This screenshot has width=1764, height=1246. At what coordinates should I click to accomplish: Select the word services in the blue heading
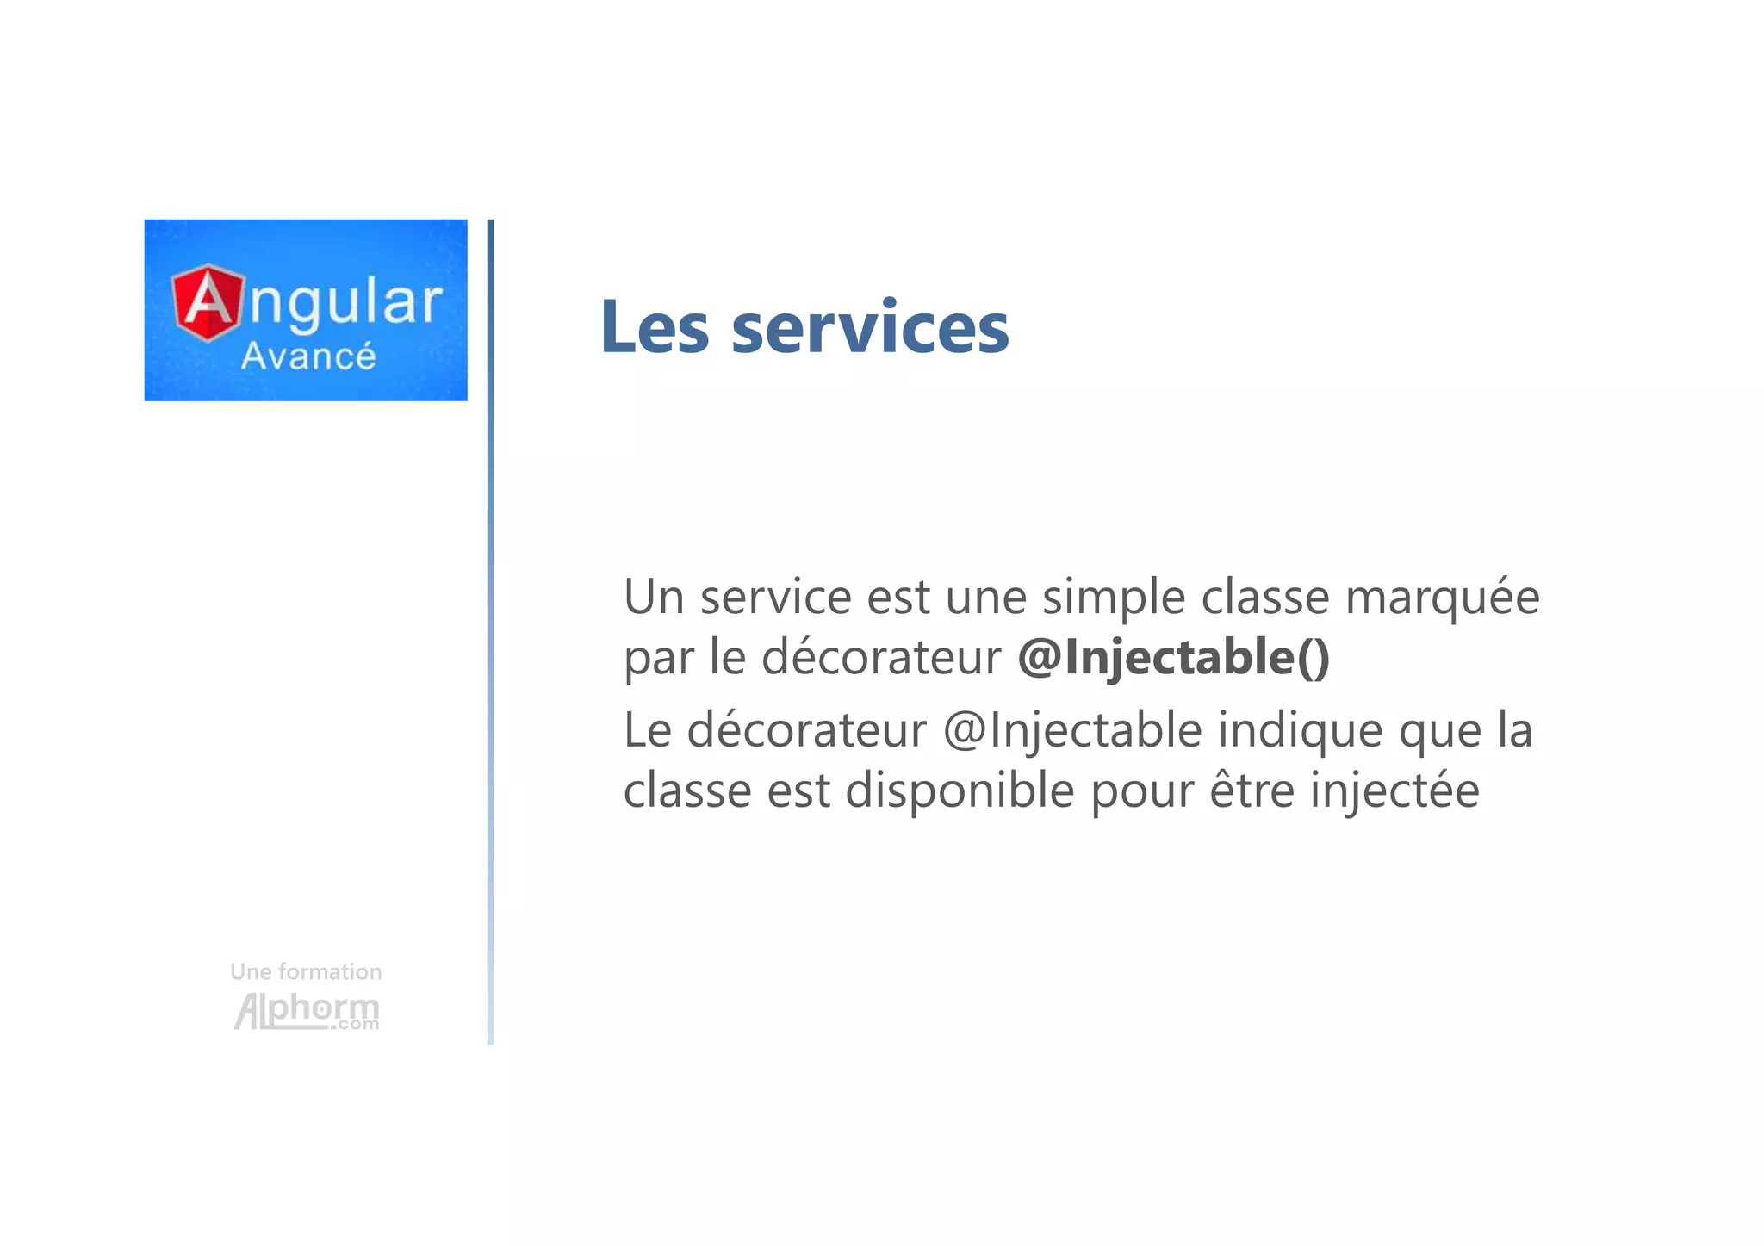click(870, 329)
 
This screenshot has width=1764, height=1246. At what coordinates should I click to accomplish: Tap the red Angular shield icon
click(208, 302)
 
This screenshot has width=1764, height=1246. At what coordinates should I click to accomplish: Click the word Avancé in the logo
click(308, 356)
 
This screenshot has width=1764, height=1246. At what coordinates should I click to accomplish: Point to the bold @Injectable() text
click(1173, 657)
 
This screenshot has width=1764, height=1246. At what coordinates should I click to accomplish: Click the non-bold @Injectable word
click(1072, 730)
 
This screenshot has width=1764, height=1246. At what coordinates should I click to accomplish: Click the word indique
click(1300, 730)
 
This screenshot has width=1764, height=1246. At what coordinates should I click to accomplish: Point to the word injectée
click(1394, 790)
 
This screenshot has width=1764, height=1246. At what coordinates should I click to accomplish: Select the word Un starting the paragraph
click(653, 597)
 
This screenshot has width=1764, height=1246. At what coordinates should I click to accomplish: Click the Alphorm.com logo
click(307, 1011)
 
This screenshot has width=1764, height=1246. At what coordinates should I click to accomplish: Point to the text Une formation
click(306, 972)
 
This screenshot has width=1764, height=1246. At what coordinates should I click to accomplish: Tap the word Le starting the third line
click(647, 730)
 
